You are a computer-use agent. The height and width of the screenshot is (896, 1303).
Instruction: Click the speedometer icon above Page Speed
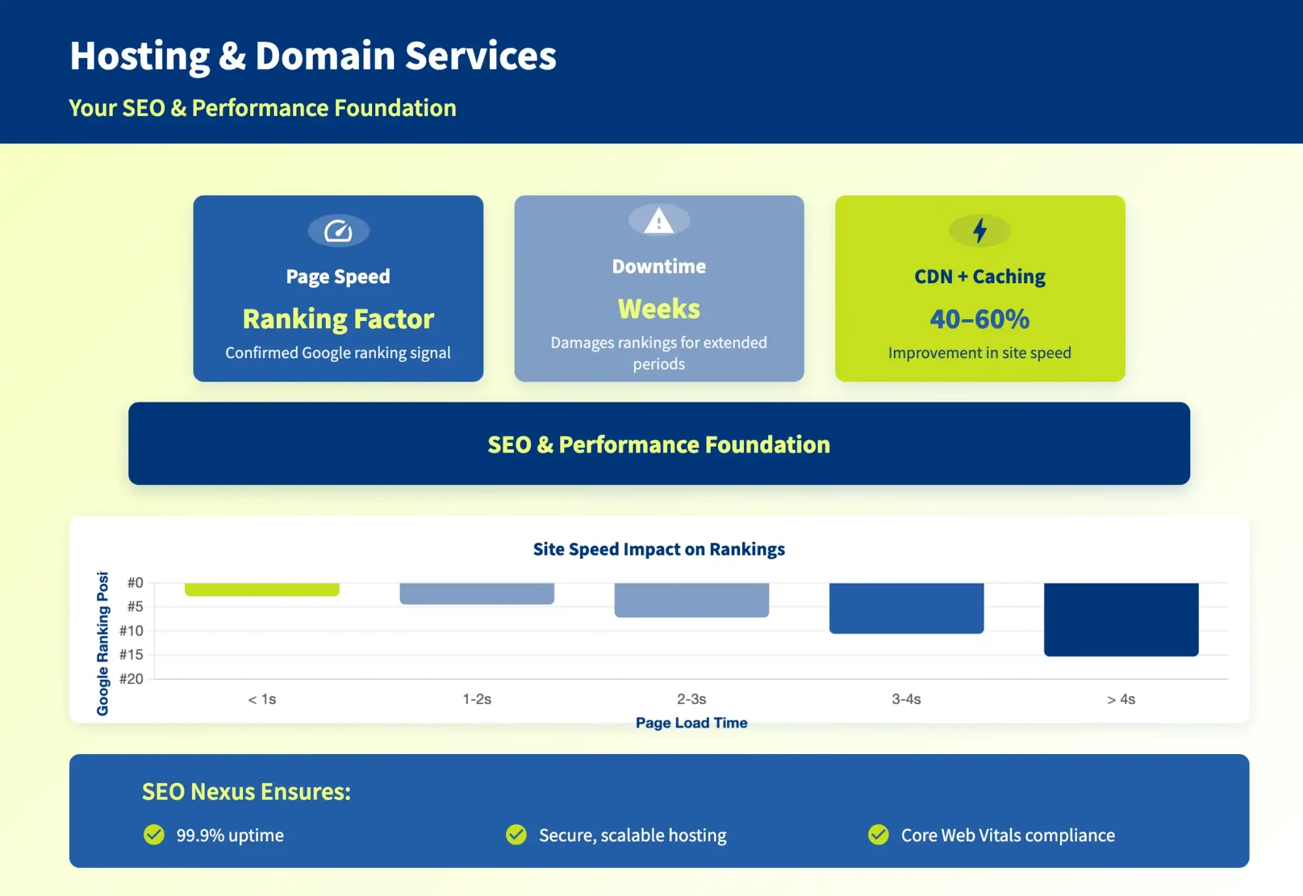click(x=338, y=231)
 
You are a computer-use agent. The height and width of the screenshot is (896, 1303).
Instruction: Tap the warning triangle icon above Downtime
click(x=659, y=221)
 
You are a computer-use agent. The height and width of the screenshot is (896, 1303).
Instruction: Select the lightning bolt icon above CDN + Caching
click(x=979, y=231)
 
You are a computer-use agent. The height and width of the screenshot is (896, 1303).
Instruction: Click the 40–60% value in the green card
click(x=979, y=319)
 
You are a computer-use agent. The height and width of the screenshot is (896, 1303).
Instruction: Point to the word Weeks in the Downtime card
click(x=659, y=309)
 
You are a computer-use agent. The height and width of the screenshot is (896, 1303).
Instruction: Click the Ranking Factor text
click(x=338, y=319)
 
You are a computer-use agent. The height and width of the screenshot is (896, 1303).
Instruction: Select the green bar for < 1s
click(x=262, y=589)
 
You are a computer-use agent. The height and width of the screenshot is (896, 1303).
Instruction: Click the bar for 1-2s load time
click(x=477, y=593)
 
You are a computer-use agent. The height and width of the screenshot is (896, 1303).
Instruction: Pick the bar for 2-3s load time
click(x=691, y=600)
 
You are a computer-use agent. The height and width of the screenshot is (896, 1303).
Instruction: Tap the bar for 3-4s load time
click(x=906, y=608)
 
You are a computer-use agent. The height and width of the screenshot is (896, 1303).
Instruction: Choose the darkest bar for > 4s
click(x=1121, y=619)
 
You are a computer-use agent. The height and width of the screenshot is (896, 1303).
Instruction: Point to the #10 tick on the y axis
click(x=131, y=630)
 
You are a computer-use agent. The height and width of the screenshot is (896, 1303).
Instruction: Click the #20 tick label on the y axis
click(x=131, y=679)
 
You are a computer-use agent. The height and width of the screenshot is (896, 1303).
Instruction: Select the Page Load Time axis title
click(x=691, y=723)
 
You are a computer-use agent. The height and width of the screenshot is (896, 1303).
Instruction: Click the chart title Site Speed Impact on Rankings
click(x=659, y=549)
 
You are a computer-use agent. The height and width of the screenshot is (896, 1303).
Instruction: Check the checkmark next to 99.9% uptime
click(x=154, y=835)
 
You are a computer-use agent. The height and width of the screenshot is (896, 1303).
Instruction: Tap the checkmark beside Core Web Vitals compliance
click(x=878, y=835)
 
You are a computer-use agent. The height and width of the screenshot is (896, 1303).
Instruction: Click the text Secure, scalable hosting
click(x=632, y=835)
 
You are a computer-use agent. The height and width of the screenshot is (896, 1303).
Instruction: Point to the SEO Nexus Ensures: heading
click(x=246, y=792)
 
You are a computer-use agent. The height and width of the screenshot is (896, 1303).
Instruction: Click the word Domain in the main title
click(x=325, y=56)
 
